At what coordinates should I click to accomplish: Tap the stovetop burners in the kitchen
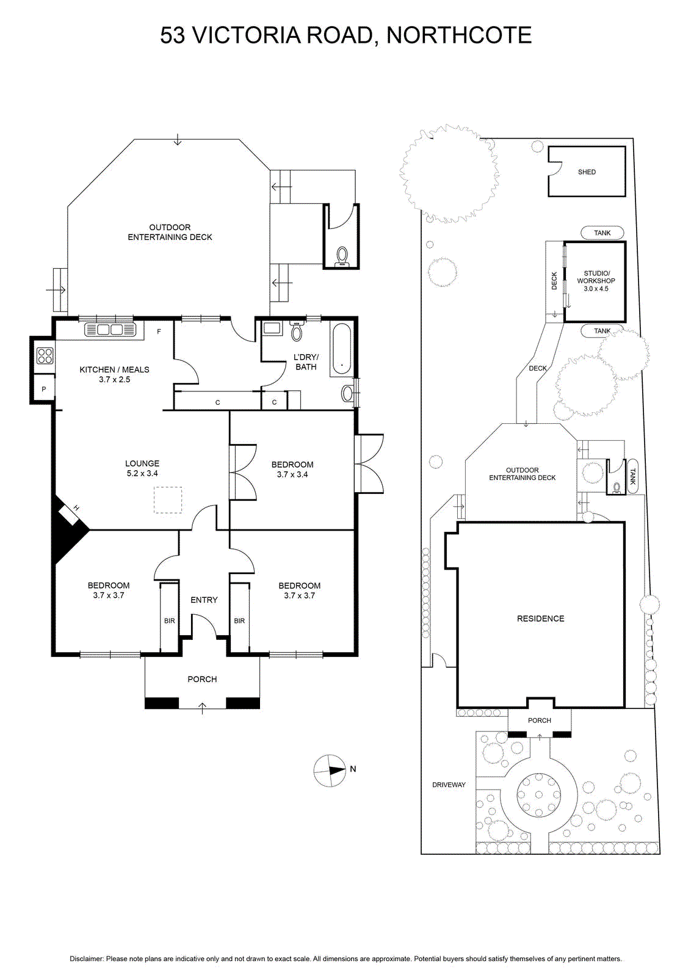click(45, 355)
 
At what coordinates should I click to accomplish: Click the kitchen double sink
click(110, 330)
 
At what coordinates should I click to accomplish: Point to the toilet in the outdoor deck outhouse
click(341, 257)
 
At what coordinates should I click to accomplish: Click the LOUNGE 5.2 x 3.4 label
click(142, 468)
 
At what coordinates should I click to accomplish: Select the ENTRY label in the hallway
click(204, 600)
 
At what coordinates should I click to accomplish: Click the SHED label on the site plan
click(587, 172)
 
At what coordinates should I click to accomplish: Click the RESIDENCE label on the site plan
click(541, 619)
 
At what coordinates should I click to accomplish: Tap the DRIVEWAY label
click(449, 785)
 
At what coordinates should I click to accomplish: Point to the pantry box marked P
click(43, 388)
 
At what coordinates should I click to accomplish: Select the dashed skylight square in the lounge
click(167, 499)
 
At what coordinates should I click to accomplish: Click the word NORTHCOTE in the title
click(459, 35)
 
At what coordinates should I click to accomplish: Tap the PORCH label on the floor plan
click(202, 679)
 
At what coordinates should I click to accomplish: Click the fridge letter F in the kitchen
click(159, 332)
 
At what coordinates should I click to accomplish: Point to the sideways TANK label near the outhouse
click(633, 476)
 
